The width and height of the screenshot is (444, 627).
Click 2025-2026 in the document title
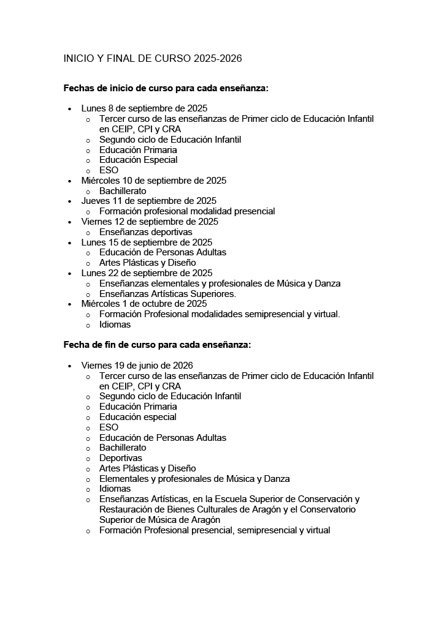(x=218, y=59)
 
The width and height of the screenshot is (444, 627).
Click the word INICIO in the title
(x=78, y=59)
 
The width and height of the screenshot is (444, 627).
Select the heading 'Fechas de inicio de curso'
(x=166, y=88)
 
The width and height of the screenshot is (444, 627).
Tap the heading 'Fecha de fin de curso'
(x=157, y=345)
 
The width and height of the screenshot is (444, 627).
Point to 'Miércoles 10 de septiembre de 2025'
(x=154, y=181)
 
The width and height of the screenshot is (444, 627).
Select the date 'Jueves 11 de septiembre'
(x=149, y=201)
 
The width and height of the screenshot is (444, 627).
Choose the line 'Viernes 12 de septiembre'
(x=150, y=222)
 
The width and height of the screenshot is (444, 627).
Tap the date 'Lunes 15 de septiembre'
(x=147, y=242)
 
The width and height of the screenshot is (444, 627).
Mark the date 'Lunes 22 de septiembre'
(x=147, y=273)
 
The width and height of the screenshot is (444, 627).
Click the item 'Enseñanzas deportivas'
(x=145, y=232)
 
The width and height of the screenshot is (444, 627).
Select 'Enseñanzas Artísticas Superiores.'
(x=167, y=294)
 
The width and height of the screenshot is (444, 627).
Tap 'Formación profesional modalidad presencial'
(x=187, y=211)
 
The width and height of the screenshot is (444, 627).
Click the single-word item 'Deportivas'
(x=120, y=458)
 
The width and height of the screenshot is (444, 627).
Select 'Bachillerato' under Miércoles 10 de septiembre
(x=123, y=191)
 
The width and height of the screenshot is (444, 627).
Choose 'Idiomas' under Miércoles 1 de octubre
(x=115, y=325)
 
